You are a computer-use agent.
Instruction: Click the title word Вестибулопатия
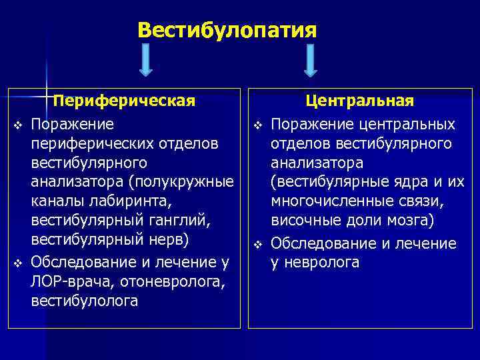coord(227,30)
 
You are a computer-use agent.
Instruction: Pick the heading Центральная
coord(360,101)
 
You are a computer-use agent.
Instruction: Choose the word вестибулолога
coord(85,301)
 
